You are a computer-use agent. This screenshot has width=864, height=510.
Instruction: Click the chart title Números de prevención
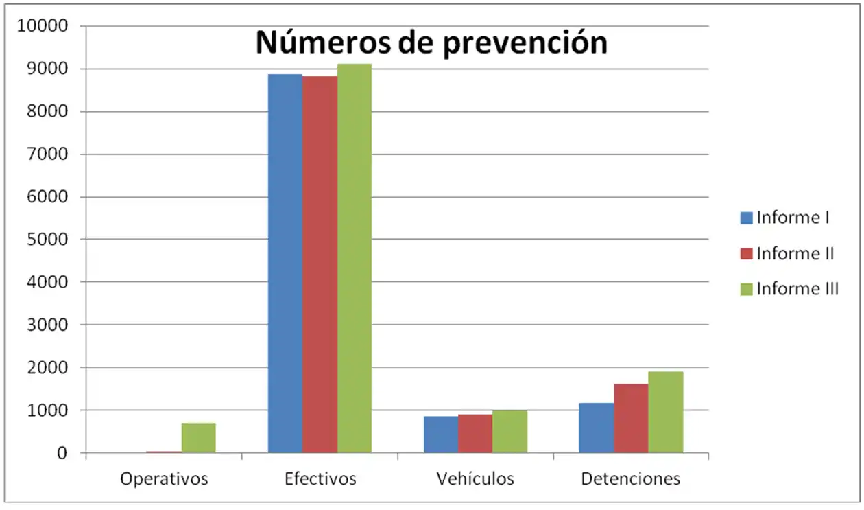tap(431, 43)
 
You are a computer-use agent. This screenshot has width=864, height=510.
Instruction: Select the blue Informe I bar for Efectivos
tap(285, 264)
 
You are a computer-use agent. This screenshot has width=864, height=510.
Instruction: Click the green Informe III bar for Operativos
tap(198, 438)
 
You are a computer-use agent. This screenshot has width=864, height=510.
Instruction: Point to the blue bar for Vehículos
tap(440, 434)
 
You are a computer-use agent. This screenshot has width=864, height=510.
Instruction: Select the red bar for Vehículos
tap(475, 434)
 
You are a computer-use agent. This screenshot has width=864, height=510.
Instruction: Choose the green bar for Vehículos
tap(509, 432)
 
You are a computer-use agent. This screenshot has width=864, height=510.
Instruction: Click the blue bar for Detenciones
tap(596, 428)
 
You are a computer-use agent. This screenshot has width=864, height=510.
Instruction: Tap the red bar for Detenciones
tap(631, 418)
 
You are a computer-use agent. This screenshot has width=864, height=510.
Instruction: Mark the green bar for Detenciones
tap(665, 412)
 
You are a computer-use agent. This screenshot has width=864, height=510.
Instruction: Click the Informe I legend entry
tap(785, 218)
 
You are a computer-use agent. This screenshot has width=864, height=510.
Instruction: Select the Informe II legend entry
tap(787, 253)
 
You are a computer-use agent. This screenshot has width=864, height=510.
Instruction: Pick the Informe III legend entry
tap(789, 289)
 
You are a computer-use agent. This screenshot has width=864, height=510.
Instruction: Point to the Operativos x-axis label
tap(164, 478)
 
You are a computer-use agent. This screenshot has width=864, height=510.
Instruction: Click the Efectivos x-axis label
tap(320, 478)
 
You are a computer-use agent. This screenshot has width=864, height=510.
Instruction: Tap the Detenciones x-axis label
tap(630, 478)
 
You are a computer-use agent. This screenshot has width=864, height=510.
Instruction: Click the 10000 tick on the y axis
tap(44, 27)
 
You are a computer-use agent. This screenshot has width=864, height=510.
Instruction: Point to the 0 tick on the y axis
tap(62, 453)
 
